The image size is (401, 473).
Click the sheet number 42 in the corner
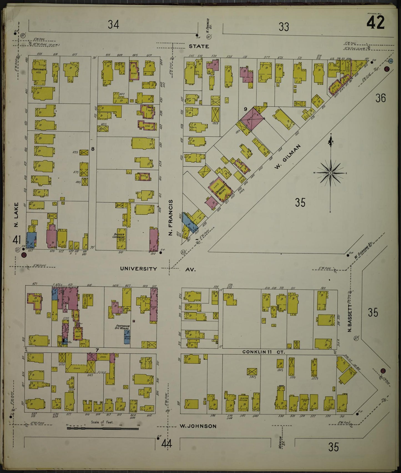[x=375, y=22]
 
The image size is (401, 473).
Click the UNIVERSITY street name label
[x=138, y=269]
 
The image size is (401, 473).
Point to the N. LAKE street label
[x=16, y=214]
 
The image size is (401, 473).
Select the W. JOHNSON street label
[x=198, y=426]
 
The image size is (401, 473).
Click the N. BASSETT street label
[x=350, y=318]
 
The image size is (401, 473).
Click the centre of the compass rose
[x=330, y=173]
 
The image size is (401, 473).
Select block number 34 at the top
[x=114, y=25]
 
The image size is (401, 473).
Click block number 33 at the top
[x=284, y=27]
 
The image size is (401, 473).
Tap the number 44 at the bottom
[x=167, y=444]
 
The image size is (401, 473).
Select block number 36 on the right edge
[x=380, y=98]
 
